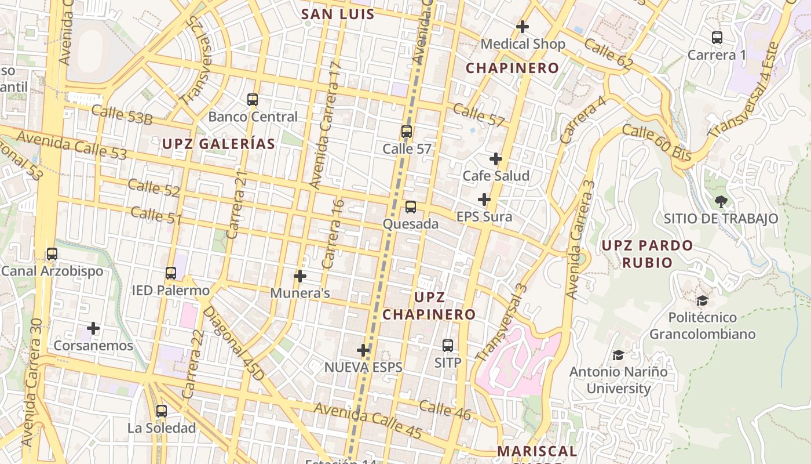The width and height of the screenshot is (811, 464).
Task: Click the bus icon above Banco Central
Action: pyautogui.click(x=252, y=99)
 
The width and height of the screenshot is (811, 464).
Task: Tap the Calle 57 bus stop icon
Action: pyautogui.click(x=407, y=132)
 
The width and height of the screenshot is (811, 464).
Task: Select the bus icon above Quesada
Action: pyautogui.click(x=410, y=206)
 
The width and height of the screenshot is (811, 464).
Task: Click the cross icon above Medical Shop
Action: pyautogui.click(x=523, y=27)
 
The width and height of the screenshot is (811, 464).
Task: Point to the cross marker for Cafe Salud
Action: pyautogui.click(x=496, y=159)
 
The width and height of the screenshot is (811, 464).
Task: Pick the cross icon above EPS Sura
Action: pyautogui.click(x=484, y=200)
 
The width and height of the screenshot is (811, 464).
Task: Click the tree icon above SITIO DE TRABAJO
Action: pyautogui.click(x=721, y=202)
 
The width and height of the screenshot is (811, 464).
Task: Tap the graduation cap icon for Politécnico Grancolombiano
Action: pyautogui.click(x=702, y=300)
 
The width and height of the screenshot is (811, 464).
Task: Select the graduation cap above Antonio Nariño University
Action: pyautogui.click(x=618, y=354)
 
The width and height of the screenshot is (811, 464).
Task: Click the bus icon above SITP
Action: pyautogui.click(x=448, y=346)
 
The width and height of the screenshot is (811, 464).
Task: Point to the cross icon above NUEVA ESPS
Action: pyautogui.click(x=363, y=350)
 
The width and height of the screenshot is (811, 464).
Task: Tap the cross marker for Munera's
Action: pyautogui.click(x=300, y=276)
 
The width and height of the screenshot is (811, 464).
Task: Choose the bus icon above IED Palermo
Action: pyautogui.click(x=170, y=273)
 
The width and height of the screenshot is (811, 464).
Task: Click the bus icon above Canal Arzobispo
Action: pyautogui.click(x=52, y=254)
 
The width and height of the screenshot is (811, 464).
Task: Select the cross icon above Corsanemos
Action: pyautogui.click(x=93, y=329)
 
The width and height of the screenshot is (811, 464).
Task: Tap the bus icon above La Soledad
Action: pyautogui.click(x=162, y=411)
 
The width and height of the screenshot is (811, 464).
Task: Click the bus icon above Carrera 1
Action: pyautogui.click(x=717, y=38)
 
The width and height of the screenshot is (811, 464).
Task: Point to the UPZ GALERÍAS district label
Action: pyautogui.click(x=218, y=144)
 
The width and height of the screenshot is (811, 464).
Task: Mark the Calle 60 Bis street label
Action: pyautogui.click(x=657, y=143)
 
